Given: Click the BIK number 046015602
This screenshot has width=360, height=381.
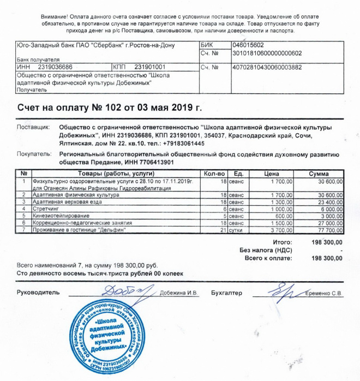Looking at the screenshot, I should (x=248, y=45).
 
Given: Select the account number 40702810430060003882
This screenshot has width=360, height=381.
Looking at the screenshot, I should (x=267, y=67).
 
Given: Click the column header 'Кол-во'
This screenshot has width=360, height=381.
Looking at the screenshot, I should (x=214, y=173).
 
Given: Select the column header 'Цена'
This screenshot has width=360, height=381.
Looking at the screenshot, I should (x=271, y=173).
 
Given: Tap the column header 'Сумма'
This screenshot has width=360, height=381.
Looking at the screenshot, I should (x=319, y=173).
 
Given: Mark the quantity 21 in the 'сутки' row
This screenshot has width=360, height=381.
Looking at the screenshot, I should (x=223, y=230).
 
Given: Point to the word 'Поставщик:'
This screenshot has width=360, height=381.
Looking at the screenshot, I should (x=33, y=126).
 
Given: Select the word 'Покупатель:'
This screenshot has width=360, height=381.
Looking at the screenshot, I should (x=34, y=154).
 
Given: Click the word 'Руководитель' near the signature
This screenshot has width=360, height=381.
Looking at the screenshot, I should (x=38, y=293).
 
